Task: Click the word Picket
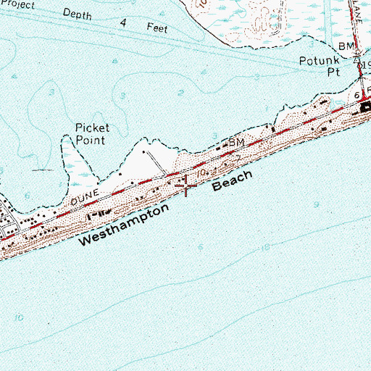(93, 128)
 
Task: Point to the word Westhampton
(119, 225)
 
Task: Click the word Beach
(232, 181)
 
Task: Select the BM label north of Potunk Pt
(349, 46)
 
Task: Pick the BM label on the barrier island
(237, 143)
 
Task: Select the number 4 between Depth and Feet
(123, 22)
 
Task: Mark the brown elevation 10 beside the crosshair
(203, 172)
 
